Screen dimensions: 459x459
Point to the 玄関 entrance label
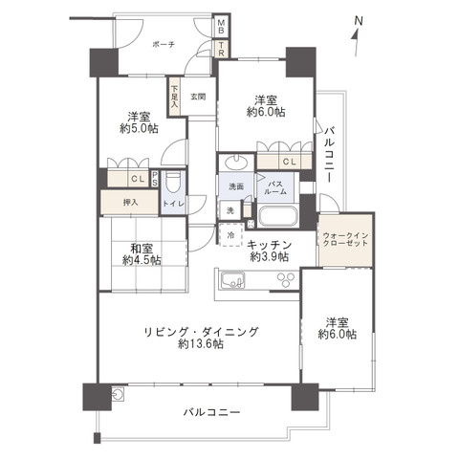point(198,96)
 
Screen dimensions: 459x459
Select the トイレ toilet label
point(172,204)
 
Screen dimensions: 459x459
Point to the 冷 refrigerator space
point(231,233)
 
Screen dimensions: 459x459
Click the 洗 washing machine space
point(230,210)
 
